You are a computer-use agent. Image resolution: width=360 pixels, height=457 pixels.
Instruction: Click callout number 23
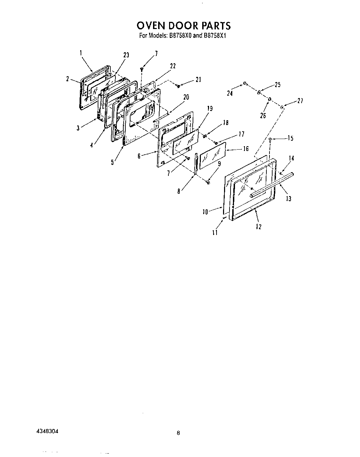tap(126, 55)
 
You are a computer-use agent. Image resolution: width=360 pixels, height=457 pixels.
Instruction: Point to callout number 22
tap(173, 66)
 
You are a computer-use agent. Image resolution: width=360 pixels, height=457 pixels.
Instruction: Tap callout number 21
tap(198, 80)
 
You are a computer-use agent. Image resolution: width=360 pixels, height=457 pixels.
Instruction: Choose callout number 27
tap(300, 100)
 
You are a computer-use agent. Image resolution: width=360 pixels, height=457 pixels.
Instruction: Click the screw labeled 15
tap(270, 139)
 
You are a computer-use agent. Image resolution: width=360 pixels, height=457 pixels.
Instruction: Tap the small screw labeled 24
tap(245, 83)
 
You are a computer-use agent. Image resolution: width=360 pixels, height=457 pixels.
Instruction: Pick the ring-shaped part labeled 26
tap(269, 99)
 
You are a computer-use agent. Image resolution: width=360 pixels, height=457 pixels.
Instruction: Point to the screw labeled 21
tap(178, 86)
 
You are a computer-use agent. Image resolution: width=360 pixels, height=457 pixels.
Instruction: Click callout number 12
tap(258, 226)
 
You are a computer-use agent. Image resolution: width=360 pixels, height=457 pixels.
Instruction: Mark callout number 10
tap(205, 212)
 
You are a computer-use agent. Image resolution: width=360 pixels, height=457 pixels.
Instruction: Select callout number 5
tap(112, 163)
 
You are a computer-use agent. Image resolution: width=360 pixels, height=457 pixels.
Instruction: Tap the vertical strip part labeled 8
tap(196, 164)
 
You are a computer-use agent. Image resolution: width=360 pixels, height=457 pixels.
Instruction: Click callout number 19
tap(210, 109)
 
